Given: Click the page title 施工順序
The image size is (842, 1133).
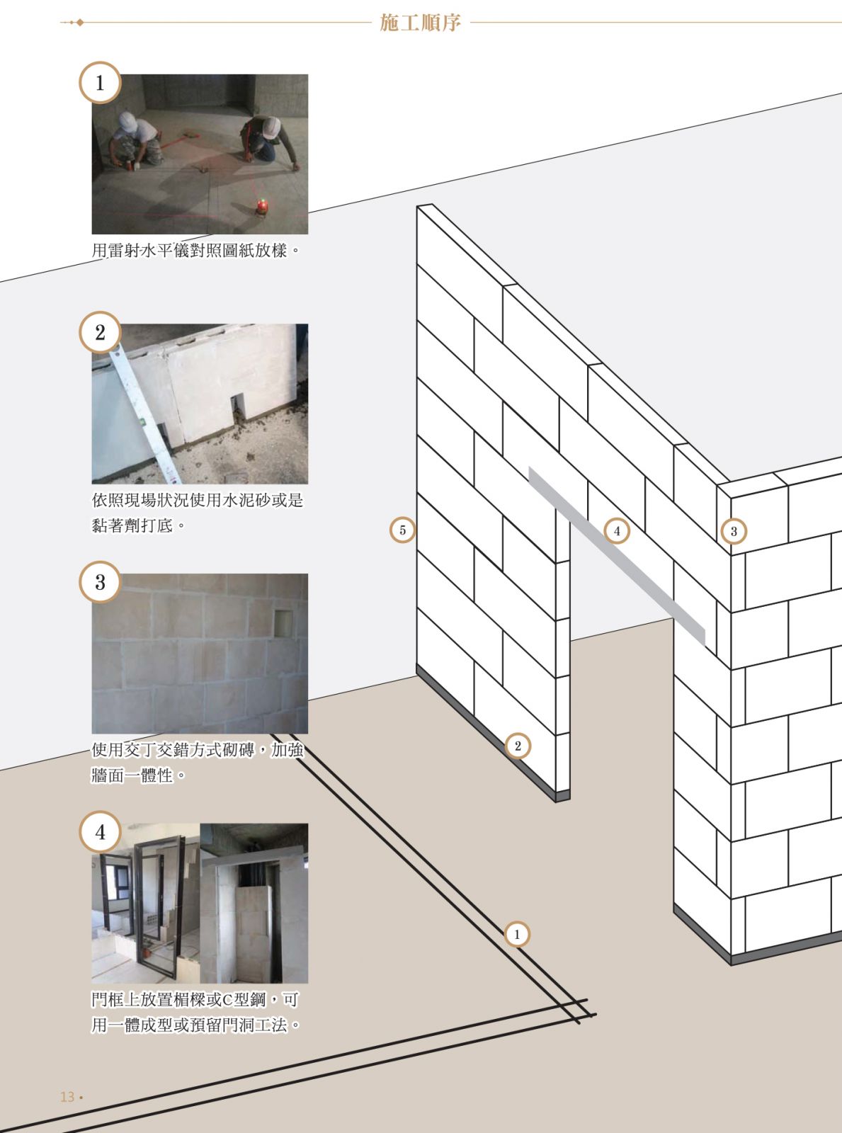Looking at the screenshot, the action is point(421,23).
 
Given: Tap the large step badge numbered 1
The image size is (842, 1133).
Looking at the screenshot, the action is point(100,83).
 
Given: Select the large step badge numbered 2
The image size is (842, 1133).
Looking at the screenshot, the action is point(100,333).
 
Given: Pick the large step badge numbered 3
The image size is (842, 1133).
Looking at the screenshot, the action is point(100,582).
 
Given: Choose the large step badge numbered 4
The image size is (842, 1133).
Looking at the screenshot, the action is point(100,832).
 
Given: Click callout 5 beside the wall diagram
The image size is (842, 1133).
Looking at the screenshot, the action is point(403,530).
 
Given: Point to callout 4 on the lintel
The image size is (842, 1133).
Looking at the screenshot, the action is point(617,531).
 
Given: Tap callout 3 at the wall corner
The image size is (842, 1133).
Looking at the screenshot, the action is point(734,531).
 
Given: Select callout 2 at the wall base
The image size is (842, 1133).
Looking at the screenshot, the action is point(518,746).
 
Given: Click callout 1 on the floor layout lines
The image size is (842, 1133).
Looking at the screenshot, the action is point(517,935).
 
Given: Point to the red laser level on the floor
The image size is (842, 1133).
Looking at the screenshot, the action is point(262,206).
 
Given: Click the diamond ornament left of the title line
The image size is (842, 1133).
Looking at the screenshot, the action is point(80,23).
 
